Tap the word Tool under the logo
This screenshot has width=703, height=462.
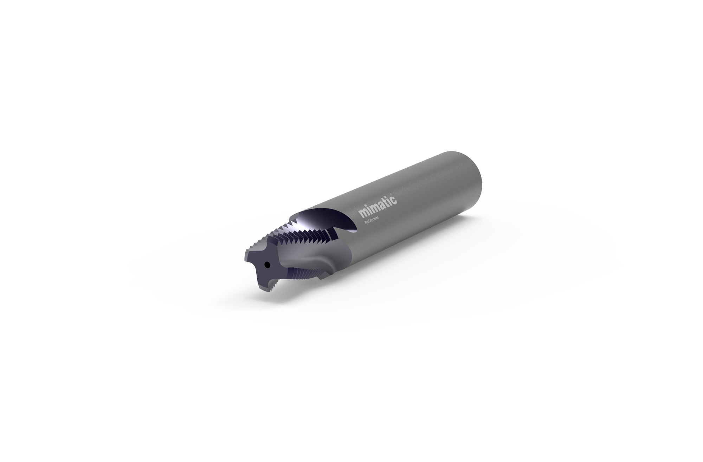coord(367,222)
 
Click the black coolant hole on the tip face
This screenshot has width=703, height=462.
coord(267,265)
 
